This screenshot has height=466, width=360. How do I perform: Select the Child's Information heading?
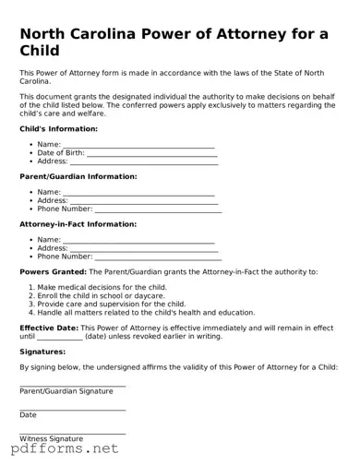pyautogui.click(x=58, y=129)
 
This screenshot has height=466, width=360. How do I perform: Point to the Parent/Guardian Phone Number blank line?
pyautogui.click(x=159, y=210)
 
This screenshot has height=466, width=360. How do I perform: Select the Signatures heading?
pyautogui.click(x=42, y=352)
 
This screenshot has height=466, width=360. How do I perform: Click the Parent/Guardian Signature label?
pyautogui.click(x=66, y=391)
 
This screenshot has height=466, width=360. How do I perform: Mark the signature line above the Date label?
pyautogui.click(x=73, y=409)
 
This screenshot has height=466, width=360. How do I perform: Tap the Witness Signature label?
pyautogui.click(x=52, y=438)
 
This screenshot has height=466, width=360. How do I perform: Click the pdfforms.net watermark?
pyautogui.click(x=65, y=450)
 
